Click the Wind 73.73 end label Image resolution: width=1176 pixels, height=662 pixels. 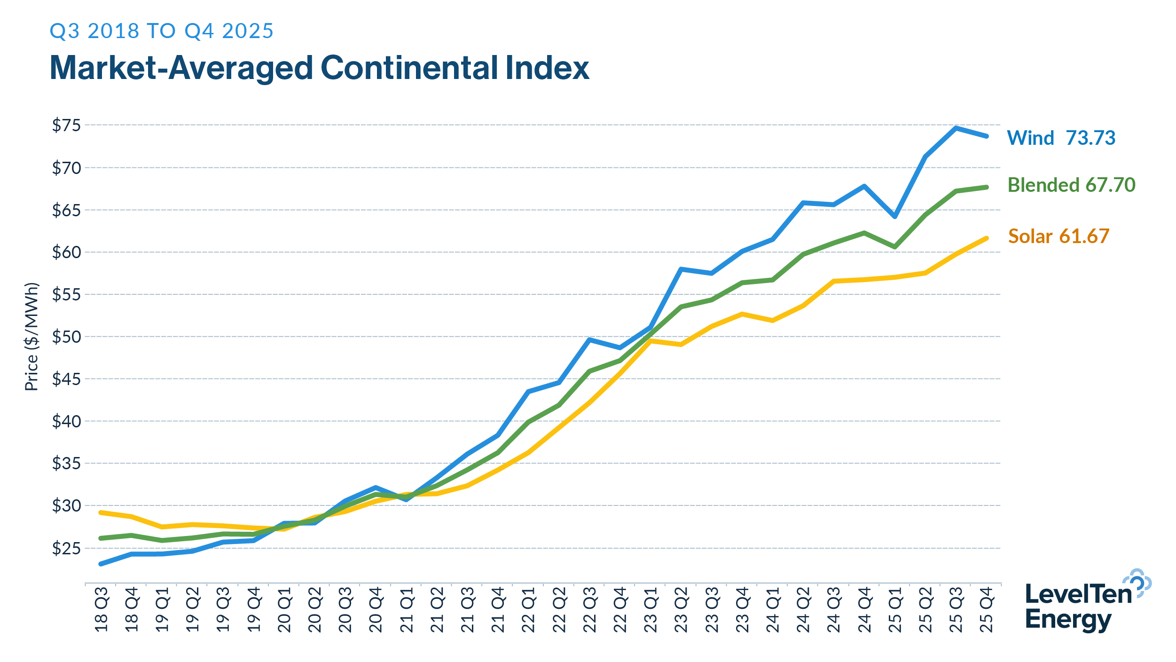[1061, 138]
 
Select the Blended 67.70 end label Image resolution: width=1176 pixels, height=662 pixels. [1071, 185]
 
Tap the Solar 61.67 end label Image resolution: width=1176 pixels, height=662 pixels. [1058, 236]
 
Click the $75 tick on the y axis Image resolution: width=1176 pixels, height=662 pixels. [66, 126]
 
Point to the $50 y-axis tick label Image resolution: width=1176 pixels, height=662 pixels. [66, 337]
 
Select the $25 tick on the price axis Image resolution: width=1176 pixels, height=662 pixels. [66, 548]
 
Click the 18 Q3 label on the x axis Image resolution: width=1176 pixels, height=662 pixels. [102, 609]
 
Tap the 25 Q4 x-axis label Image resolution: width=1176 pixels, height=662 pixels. [987, 609]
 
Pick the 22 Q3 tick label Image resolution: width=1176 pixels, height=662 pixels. [589, 609]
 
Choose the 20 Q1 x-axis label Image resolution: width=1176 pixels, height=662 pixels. [284, 609]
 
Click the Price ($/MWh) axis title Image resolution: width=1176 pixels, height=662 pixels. [31, 337]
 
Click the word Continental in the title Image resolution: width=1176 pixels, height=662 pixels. [409, 68]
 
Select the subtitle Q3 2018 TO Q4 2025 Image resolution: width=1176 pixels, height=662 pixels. [161, 31]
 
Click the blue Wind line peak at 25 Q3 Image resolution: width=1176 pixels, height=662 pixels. [956, 127]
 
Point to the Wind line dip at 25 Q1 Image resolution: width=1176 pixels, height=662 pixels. [895, 217]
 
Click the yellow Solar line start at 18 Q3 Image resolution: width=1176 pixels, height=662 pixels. [101, 512]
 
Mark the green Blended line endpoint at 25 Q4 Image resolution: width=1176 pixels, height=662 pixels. [987, 187]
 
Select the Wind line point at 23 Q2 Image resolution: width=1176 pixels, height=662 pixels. [681, 269]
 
